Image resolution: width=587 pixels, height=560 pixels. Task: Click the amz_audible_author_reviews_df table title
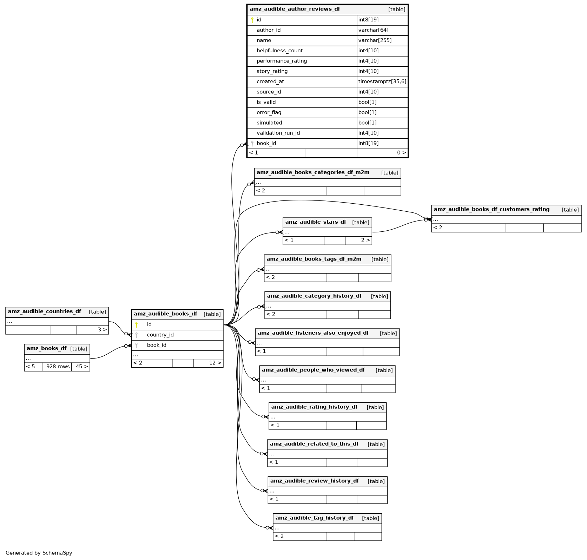point(295,9)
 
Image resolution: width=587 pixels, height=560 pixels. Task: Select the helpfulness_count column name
point(279,51)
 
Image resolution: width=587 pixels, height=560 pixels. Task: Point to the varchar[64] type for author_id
point(373,30)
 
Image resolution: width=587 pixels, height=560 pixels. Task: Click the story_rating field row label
point(272,71)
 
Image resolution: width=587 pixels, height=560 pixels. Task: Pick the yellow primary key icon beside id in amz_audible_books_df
point(137,325)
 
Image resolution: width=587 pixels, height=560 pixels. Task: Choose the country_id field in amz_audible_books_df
point(160,335)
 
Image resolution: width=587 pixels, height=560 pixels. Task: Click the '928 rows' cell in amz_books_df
point(58,367)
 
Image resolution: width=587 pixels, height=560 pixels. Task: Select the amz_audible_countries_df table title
point(45,311)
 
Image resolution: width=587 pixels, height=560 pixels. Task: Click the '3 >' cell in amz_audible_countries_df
point(102,330)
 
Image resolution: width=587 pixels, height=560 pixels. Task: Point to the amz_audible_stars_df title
point(316,222)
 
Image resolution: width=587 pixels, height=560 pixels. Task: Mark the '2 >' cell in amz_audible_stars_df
point(365,240)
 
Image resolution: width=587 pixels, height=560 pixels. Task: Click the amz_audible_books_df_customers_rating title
point(492,209)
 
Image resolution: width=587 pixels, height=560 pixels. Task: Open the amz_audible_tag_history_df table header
point(315,518)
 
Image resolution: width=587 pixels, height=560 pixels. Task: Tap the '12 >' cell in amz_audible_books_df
point(215,363)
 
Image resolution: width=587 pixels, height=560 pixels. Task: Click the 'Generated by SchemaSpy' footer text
point(39,553)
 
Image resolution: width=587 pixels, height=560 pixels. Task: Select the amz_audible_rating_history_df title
point(314,407)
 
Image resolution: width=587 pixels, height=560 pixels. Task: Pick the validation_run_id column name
point(278,133)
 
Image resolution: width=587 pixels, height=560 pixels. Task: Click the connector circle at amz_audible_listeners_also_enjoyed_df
point(250,342)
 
